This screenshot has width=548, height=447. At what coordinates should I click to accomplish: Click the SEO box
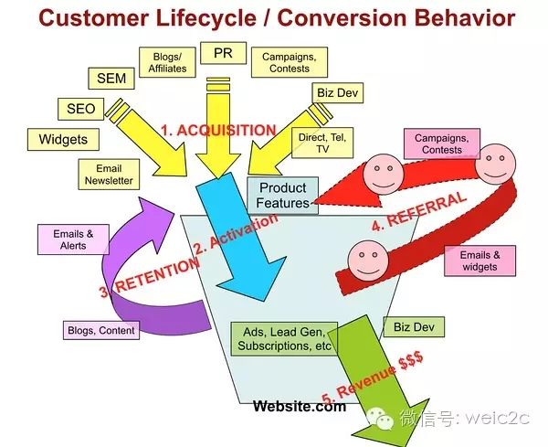pos(80,109)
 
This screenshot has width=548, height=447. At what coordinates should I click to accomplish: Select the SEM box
pos(111,78)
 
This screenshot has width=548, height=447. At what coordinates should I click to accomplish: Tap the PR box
pos(223,53)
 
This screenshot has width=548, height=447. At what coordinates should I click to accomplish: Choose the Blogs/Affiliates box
pos(167,62)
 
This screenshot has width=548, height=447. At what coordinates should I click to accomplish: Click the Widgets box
pos(63,140)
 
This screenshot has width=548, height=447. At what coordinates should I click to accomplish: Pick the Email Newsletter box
pos(109,175)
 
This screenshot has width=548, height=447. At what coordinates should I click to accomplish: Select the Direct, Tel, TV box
pos(322,143)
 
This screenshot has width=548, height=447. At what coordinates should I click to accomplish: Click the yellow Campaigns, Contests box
pos(290,62)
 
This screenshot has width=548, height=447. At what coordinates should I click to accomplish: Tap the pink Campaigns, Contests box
pos(442,144)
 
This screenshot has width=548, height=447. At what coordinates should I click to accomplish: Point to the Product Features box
pos(283,196)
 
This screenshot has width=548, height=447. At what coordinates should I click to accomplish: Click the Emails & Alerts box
pos(73,239)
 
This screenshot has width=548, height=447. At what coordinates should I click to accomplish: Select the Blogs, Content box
pos(101,330)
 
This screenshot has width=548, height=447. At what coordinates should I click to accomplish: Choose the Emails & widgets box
pos(479,261)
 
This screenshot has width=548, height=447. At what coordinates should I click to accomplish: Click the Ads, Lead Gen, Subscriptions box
pos(284,339)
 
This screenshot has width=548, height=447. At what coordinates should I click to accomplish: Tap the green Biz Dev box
pos(414,327)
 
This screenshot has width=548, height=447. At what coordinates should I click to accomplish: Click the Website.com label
pos(300,406)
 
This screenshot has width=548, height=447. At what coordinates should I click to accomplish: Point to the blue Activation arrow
pos(241,237)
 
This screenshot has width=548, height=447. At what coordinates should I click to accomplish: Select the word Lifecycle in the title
pos(205,18)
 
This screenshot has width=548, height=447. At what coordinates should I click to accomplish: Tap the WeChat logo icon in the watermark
pos(380,418)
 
